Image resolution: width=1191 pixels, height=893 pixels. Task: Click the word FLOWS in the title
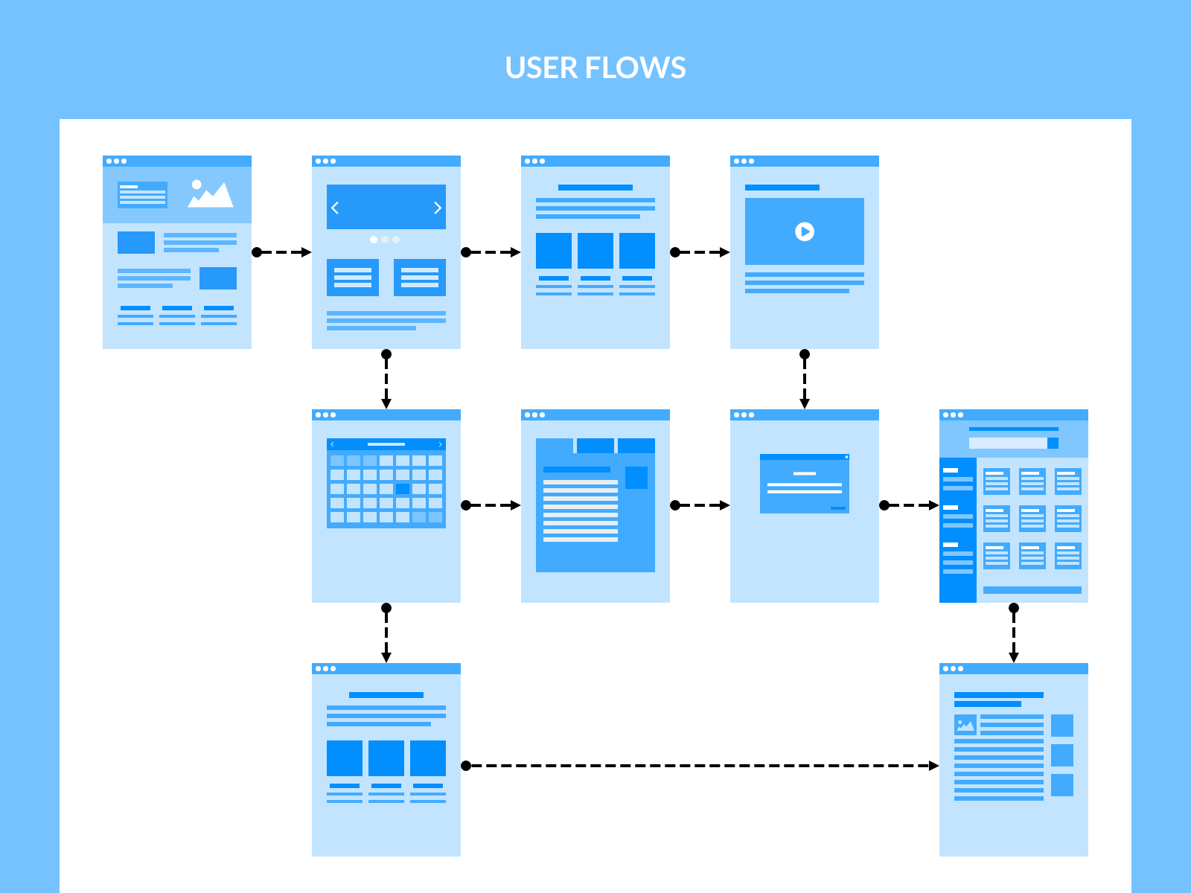point(636,68)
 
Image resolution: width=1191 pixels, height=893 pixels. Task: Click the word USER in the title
point(541,68)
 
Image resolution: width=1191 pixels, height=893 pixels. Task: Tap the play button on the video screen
point(804,231)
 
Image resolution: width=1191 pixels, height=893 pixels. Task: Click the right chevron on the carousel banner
point(438,208)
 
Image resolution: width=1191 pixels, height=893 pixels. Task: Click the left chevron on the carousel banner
point(335,208)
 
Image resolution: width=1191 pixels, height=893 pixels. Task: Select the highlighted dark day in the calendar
point(403,489)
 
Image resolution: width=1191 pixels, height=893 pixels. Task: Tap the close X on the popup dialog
point(846,457)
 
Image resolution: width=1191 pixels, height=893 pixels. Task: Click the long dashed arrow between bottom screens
point(700,766)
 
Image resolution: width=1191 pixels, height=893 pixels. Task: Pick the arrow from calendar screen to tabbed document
point(491,505)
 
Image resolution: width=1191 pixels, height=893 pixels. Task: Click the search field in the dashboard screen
point(1008,443)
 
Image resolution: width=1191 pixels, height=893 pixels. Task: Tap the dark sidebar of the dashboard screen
point(958,530)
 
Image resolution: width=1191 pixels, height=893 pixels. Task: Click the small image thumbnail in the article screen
point(965,725)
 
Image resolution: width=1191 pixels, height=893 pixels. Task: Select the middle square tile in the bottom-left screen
point(386,758)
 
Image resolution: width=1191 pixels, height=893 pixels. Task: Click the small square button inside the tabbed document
point(636,478)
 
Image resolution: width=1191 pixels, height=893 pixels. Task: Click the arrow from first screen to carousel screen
point(281,252)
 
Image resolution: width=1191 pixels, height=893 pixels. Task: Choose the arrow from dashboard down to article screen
point(1014,633)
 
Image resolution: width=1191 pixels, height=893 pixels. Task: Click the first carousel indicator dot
point(374,240)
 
